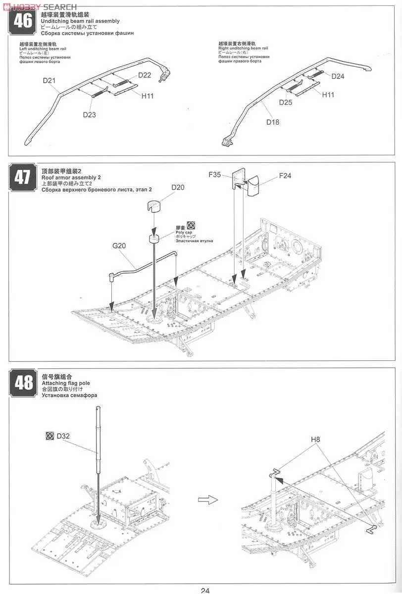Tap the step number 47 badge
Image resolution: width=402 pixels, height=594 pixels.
click(x=22, y=177)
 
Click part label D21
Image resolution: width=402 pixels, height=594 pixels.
click(x=49, y=80)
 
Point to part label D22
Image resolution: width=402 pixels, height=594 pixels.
click(x=145, y=75)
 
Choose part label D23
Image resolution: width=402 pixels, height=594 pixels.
click(x=89, y=114)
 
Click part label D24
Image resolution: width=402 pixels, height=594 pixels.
click(x=338, y=76)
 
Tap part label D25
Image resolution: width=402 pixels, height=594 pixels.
click(x=286, y=102)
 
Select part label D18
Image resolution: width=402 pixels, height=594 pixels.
click(x=273, y=122)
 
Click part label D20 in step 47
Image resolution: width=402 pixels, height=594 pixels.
click(x=178, y=187)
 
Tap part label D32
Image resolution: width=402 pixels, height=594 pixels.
click(x=63, y=436)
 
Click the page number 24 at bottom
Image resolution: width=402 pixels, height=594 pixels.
click(x=205, y=590)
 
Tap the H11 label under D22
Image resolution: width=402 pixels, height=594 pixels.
click(x=148, y=96)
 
